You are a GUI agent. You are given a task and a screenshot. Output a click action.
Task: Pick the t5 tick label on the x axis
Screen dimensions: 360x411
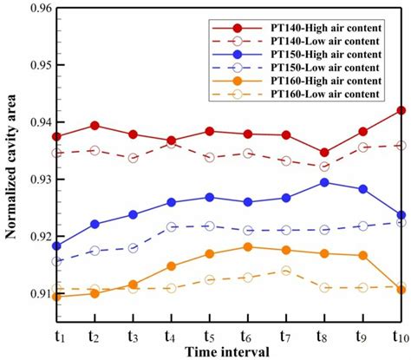pos(211,334)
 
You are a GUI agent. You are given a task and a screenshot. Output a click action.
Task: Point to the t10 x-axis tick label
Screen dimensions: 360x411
pos(400,334)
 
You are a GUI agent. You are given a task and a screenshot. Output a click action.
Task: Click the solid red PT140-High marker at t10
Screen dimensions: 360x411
pos(401,111)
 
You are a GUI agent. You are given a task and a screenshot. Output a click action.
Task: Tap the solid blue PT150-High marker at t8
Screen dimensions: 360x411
pos(324,182)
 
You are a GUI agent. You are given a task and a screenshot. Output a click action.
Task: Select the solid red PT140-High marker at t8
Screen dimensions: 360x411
pos(324,153)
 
